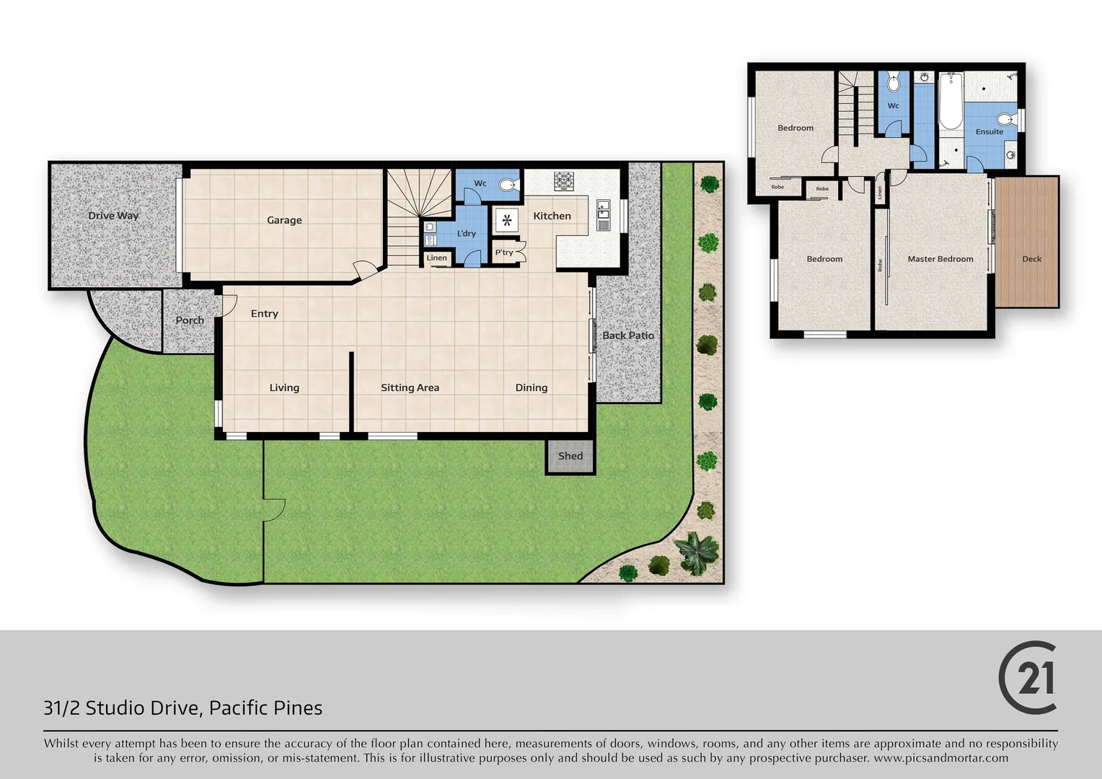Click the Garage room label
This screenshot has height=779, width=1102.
[284, 220]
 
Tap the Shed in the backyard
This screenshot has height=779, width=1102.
[570, 456]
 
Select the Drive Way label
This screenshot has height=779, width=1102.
[113, 215]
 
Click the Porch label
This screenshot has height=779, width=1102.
[190, 320]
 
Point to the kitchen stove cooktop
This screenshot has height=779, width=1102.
[563, 180]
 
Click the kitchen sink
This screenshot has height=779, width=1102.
[604, 214]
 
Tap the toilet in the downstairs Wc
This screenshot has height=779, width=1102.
[508, 185]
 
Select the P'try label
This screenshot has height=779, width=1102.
[504, 252]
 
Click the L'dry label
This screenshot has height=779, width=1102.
[466, 233]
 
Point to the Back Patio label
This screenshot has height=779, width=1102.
[627, 335]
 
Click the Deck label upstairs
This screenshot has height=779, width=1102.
[1031, 259]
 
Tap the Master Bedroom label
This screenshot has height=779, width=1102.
[940, 259]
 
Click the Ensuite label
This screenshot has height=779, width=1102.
[989, 132]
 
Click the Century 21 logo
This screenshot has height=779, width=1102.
[1028, 677]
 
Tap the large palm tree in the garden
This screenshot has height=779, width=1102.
[697, 553]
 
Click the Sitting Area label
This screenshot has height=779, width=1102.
[410, 387]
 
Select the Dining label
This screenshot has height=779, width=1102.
[531, 387]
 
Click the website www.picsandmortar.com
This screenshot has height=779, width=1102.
[940, 758]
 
